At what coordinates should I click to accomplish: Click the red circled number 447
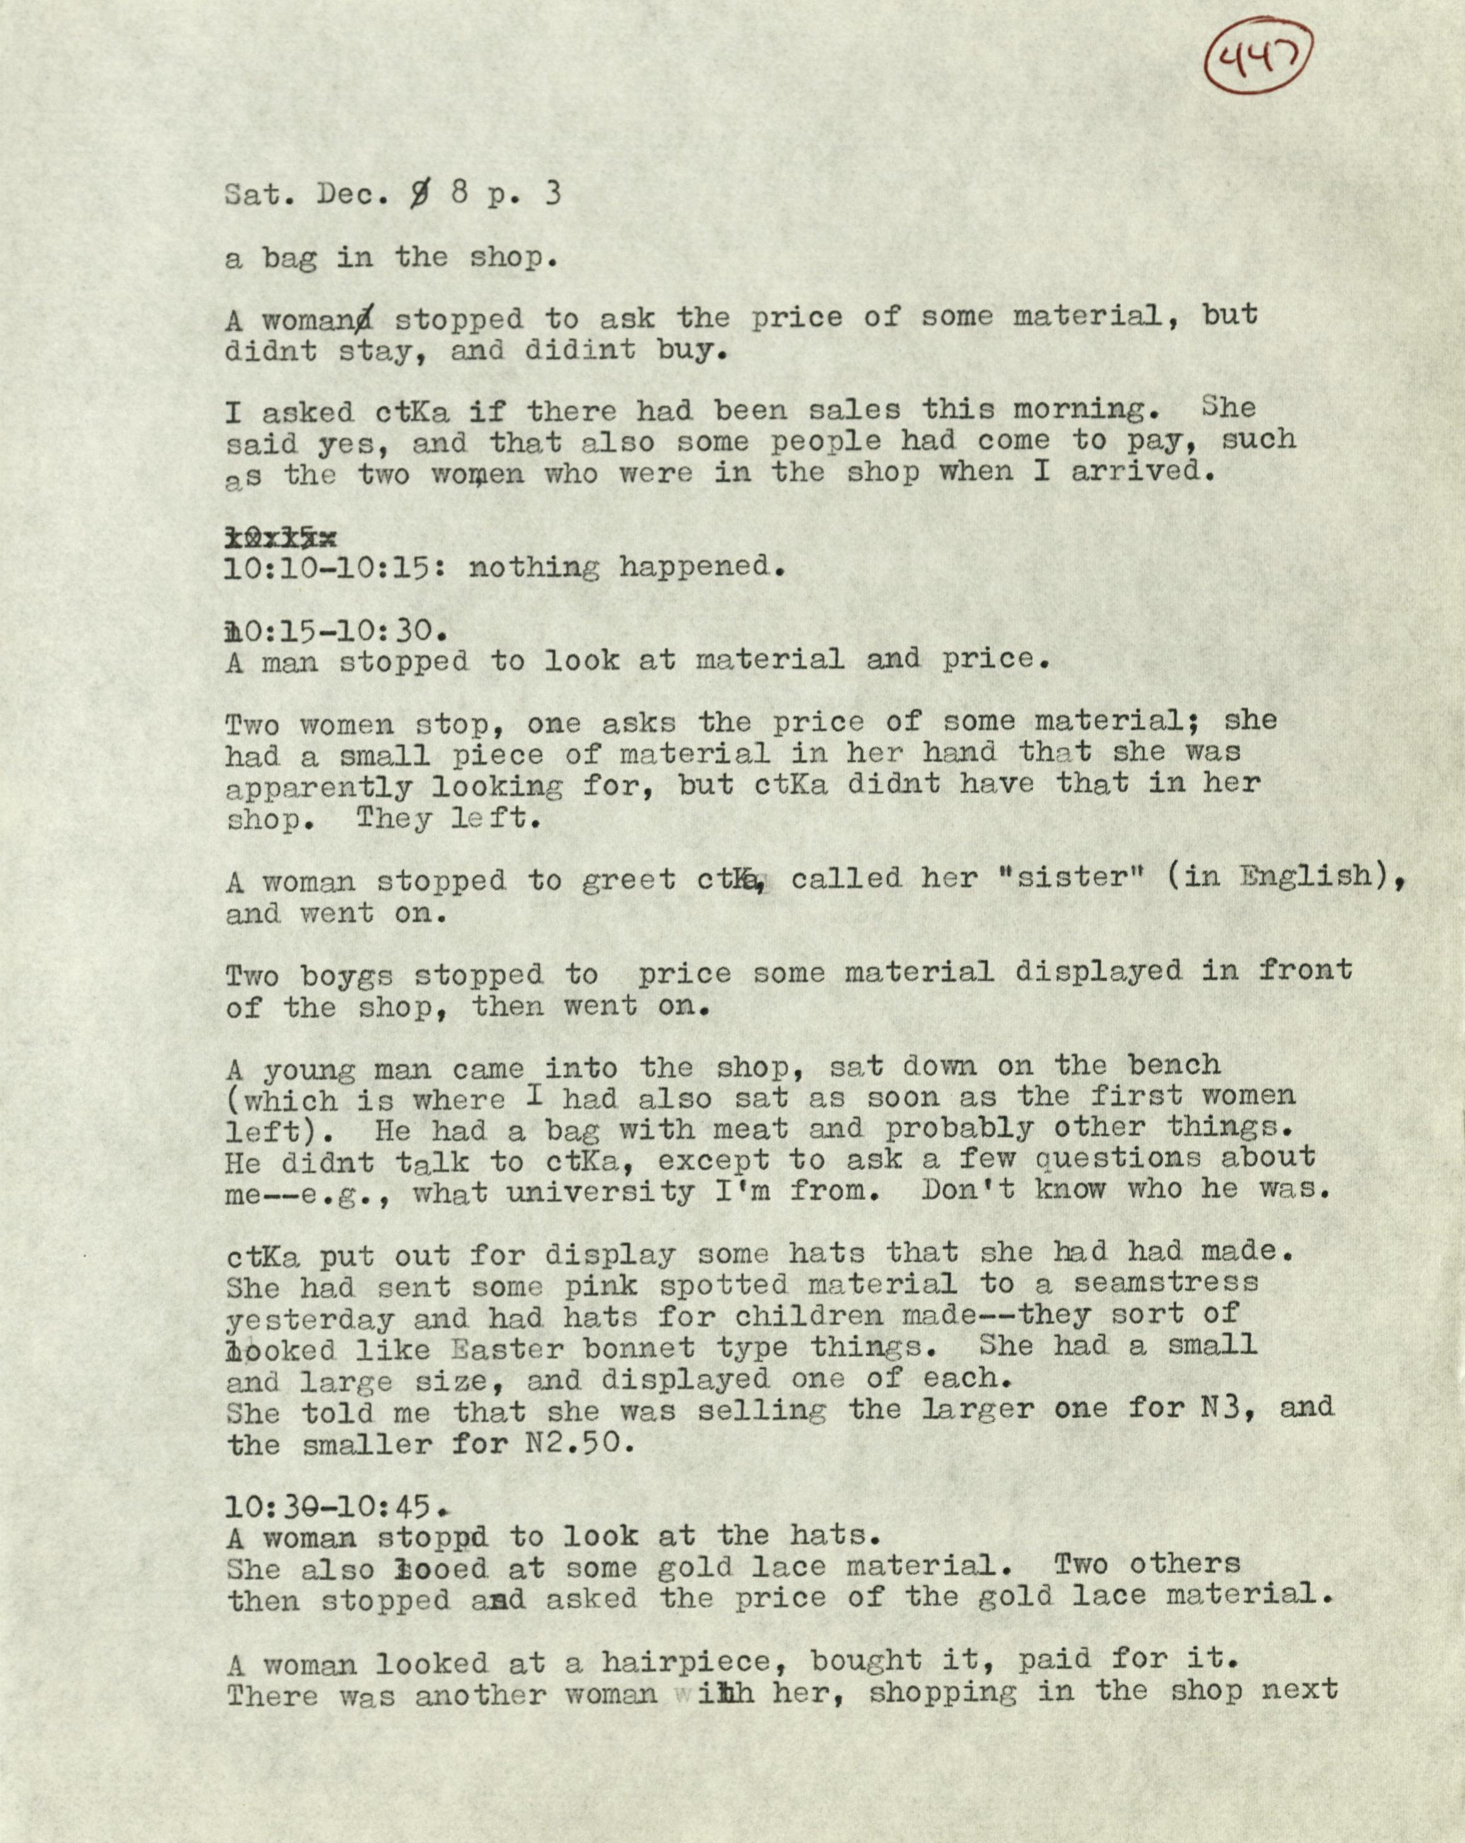pyautogui.click(x=1256, y=60)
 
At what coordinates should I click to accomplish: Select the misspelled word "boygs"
pyautogui.click(x=348, y=975)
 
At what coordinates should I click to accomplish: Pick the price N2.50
pyautogui.click(x=574, y=1444)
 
